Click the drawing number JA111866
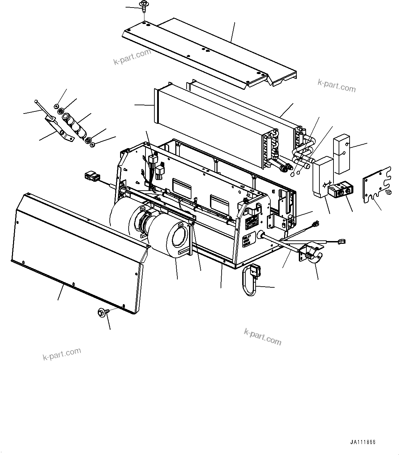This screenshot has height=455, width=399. [363, 442]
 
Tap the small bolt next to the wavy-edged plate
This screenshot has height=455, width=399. [389, 192]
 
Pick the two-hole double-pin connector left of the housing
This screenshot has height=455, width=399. [92, 177]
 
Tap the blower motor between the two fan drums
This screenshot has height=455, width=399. [144, 223]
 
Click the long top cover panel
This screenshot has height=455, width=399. [209, 51]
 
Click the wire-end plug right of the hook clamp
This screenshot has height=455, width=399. [341, 241]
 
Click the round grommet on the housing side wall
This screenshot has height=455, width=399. [261, 235]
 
